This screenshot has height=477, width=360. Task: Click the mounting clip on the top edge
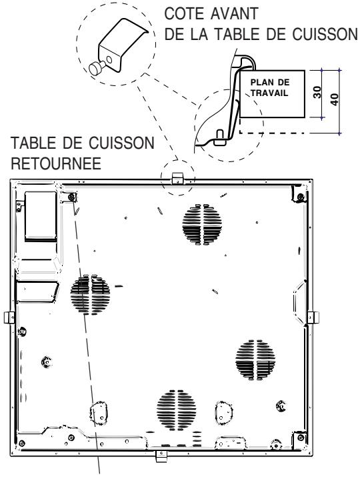tap(177, 178)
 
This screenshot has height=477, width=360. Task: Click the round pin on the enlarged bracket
tap(96, 67)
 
